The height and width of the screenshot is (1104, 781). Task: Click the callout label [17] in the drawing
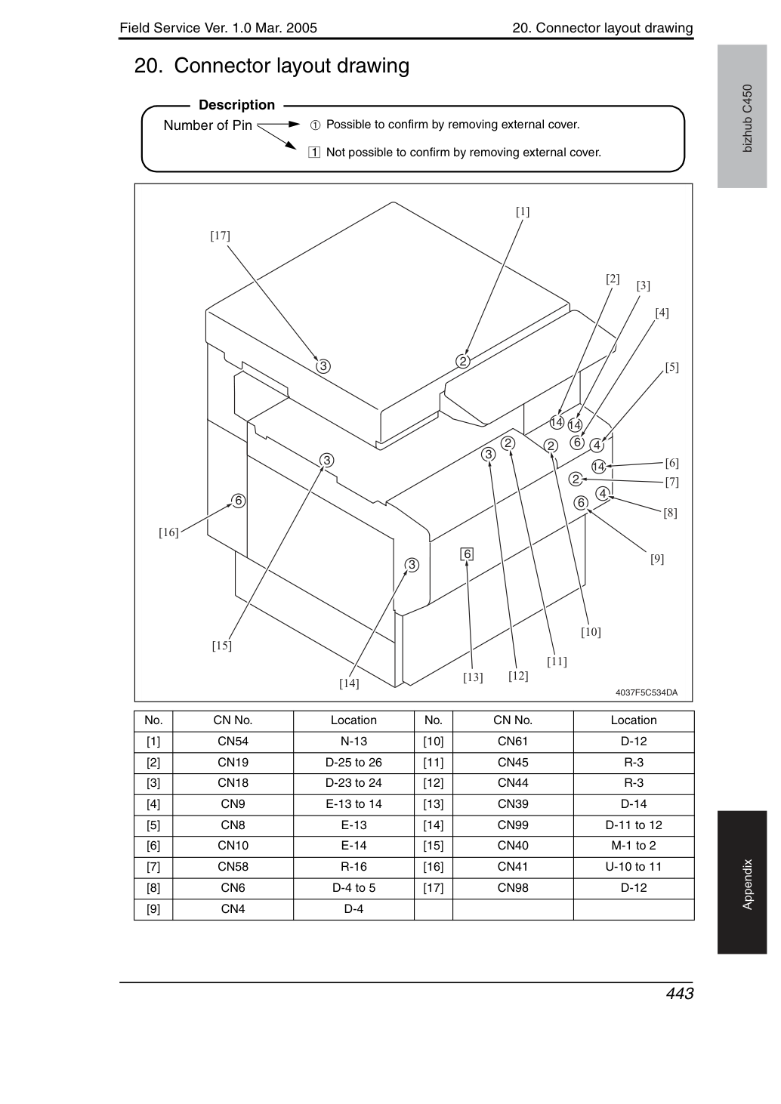[x=220, y=236]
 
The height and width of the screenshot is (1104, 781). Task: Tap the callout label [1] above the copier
[x=523, y=211]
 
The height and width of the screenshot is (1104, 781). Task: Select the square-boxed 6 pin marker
[x=467, y=554]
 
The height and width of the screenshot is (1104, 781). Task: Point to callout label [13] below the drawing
[x=473, y=677]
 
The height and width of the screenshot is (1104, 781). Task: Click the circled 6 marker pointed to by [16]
[x=239, y=501]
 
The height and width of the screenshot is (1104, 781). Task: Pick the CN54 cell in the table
[x=233, y=742]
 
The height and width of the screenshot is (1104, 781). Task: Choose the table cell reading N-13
[x=353, y=742]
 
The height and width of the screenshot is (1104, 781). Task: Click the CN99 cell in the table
[x=513, y=825]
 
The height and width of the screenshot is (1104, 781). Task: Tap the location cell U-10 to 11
[x=634, y=867]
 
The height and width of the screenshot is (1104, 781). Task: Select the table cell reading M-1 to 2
[x=634, y=846]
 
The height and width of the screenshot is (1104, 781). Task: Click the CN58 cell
[x=233, y=867]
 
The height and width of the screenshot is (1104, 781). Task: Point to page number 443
[x=680, y=993]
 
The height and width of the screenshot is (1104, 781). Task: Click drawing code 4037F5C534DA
[x=647, y=692]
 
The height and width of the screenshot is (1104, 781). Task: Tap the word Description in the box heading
[x=236, y=105]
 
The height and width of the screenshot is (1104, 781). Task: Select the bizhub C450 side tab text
[x=748, y=119]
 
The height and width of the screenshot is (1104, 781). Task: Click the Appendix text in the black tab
[x=748, y=885]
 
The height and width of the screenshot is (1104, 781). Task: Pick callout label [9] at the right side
[x=657, y=559]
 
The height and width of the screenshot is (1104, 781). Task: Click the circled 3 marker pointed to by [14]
[x=412, y=565]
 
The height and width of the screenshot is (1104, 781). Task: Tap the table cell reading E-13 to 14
[x=353, y=804]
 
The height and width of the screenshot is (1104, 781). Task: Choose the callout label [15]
[x=222, y=646]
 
